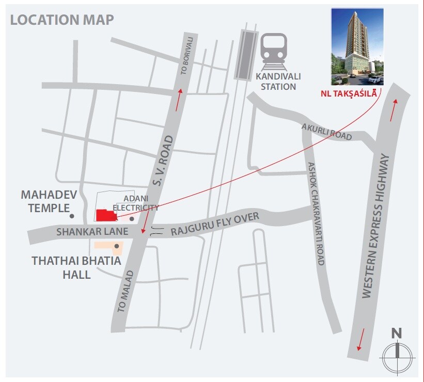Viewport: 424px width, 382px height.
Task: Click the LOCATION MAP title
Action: pos(62,20)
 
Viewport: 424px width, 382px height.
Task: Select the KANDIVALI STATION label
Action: pos(278,81)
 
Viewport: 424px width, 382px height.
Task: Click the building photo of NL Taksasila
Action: pos(357,46)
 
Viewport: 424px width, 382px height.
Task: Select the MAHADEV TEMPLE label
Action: pos(45,202)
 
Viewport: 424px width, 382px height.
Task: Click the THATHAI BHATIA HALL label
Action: pos(76,267)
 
